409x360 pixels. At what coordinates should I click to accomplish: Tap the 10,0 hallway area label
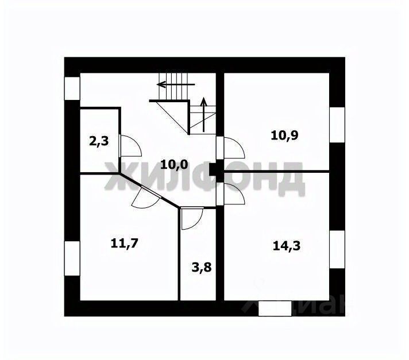click(173, 164)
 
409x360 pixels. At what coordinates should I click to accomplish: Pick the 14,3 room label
click(287, 245)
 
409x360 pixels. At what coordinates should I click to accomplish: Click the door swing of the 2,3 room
click(130, 146)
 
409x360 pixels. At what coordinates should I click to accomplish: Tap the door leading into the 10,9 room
click(233, 148)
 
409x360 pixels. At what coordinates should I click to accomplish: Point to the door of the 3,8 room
click(191, 219)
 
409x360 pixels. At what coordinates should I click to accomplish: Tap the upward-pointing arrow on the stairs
click(203, 109)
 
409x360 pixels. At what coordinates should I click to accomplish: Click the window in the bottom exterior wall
click(275, 308)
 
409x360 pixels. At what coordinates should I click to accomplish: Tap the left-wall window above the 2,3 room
click(72, 88)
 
